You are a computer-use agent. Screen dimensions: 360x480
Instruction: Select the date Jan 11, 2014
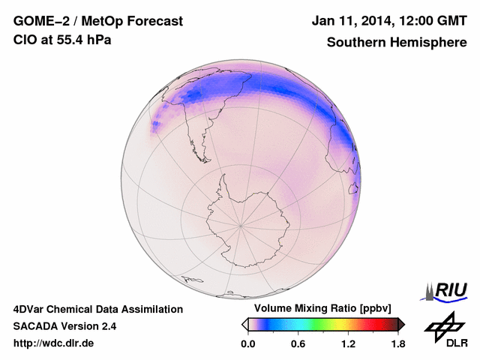point(352,22)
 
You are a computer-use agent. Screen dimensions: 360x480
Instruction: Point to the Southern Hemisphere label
point(396,42)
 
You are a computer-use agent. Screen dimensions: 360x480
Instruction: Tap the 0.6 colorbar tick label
point(298,344)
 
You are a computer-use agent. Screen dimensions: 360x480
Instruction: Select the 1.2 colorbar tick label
point(348,344)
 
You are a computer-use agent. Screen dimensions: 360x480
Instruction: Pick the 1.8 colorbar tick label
point(397,344)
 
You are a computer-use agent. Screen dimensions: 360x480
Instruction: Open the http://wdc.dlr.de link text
point(53,343)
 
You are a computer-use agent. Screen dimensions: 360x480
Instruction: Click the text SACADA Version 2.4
point(64,326)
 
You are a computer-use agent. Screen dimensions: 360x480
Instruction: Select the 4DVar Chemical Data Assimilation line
point(97,309)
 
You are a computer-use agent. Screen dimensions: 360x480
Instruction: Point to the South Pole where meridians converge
point(240,223)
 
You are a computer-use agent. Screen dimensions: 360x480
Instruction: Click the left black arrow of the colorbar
point(244,324)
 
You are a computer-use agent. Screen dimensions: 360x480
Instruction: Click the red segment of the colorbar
point(375,324)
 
